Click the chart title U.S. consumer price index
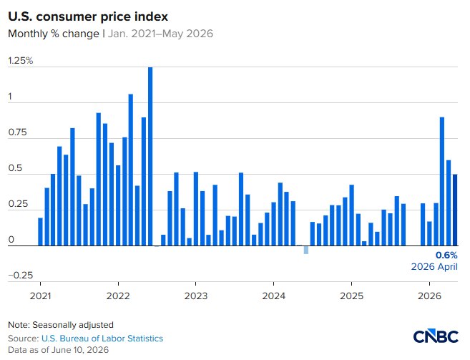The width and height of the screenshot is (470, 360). tap(88, 16)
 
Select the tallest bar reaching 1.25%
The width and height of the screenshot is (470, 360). tap(150, 156)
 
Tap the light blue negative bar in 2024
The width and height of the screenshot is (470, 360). tap(305, 250)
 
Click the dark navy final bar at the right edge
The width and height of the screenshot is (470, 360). tap(455, 210)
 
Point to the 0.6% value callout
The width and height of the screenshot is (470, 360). tap(446, 256)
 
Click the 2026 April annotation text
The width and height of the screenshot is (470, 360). tap(434, 267)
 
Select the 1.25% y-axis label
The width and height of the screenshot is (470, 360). tap(20, 61)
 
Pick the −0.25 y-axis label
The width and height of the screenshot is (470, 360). tap(20, 275)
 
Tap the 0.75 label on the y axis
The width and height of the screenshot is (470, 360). tap(17, 132)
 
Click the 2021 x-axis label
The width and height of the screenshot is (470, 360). tap(41, 296)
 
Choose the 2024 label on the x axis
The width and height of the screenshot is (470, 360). tap(274, 296)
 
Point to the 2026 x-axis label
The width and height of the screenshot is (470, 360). tap(429, 296)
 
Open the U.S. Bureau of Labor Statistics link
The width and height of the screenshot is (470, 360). tap(102, 339)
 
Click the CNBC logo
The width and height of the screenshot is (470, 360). tap(436, 336)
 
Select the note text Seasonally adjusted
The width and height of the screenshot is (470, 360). tap(73, 325)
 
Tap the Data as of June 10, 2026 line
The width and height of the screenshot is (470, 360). tap(58, 350)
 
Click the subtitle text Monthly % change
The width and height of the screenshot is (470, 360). tap(54, 34)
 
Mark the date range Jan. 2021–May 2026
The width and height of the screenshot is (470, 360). tap(160, 34)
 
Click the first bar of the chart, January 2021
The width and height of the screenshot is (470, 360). tap(40, 232)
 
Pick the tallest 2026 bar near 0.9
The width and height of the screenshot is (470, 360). tap(442, 182)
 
